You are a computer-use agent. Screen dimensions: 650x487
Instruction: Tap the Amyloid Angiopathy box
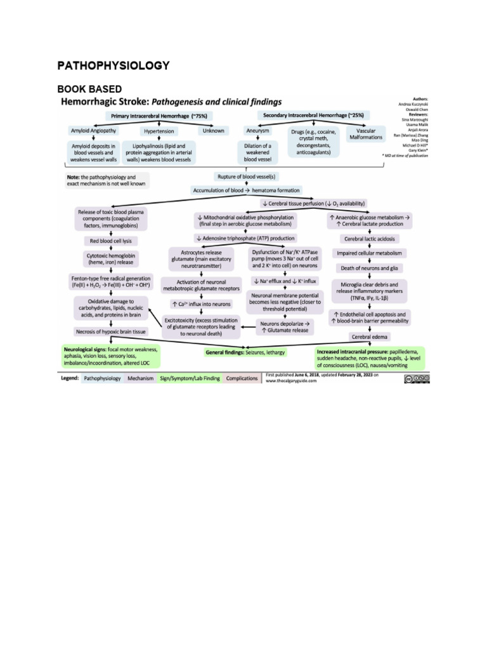click(93, 131)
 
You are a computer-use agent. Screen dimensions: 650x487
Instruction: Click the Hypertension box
click(159, 131)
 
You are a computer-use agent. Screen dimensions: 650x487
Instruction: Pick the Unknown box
click(213, 131)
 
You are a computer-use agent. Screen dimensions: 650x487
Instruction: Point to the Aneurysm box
click(258, 131)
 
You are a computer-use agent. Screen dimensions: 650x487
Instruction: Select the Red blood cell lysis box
click(111, 241)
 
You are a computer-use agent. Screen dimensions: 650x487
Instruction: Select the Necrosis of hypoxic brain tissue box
click(111, 331)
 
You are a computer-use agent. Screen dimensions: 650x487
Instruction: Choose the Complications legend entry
click(242, 378)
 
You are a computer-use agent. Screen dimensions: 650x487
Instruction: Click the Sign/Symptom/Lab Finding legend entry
click(190, 378)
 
